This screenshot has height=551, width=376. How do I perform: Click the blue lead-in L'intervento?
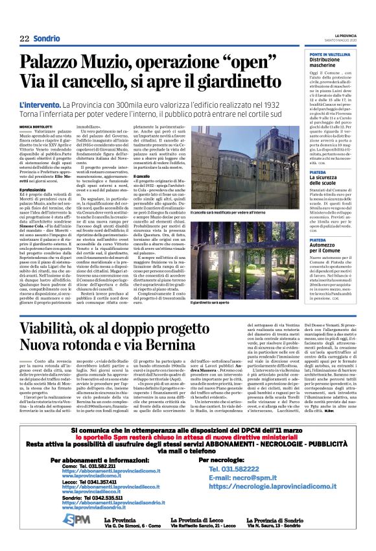40,104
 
